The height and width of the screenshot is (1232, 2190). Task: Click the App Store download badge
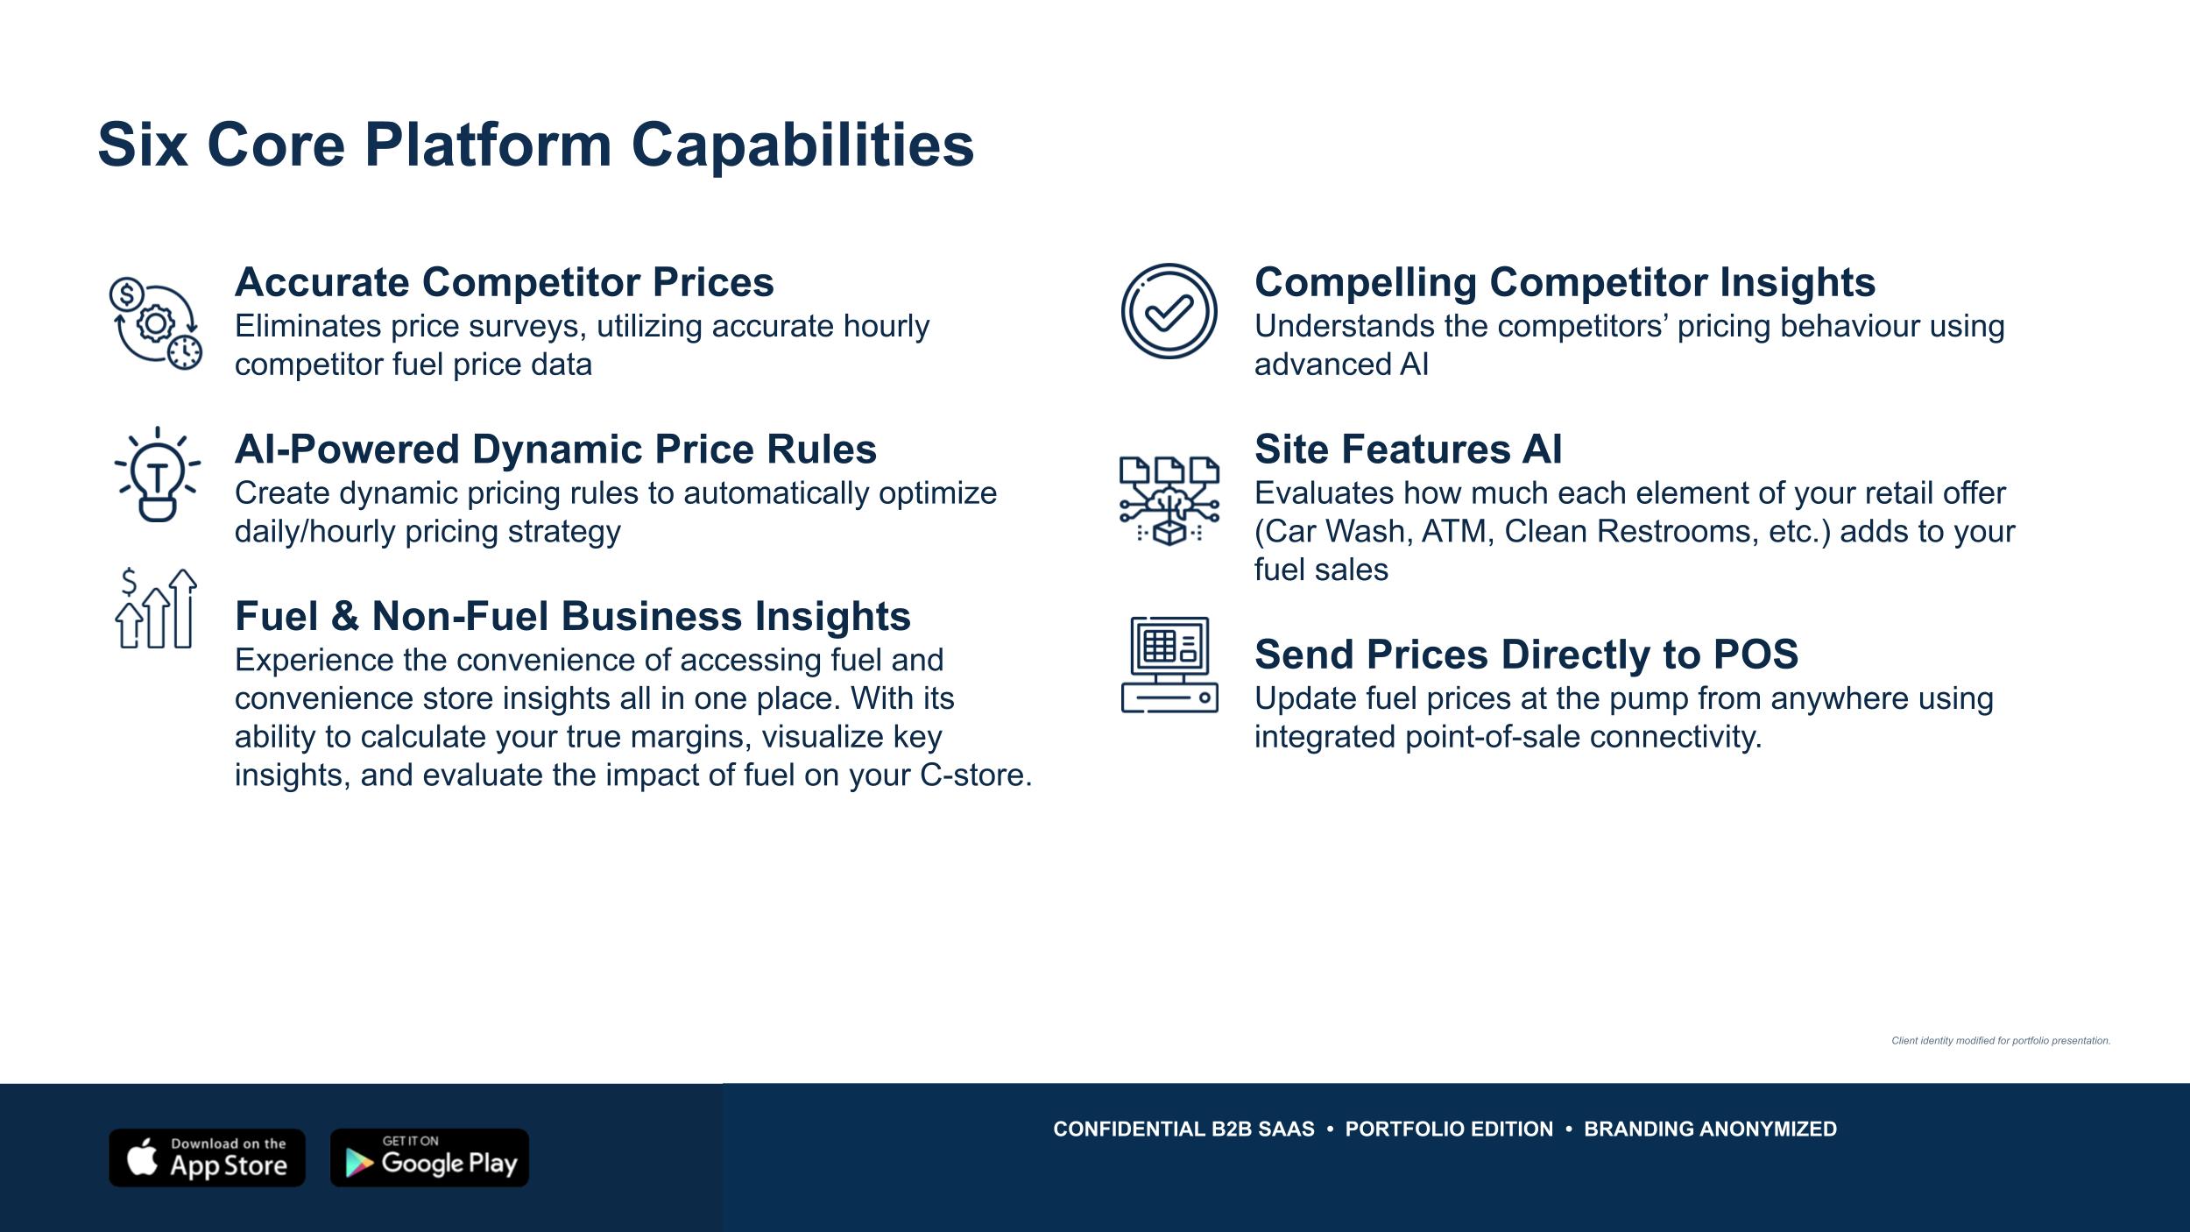207,1158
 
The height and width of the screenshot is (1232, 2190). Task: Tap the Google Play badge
429,1158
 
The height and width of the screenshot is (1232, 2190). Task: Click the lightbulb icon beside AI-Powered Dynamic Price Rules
158,474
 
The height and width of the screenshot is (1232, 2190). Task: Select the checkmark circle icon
1169,311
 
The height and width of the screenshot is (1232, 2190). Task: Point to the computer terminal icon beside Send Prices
1169,664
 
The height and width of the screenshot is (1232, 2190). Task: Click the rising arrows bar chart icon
156,608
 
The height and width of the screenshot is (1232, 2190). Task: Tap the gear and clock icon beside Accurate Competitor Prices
156,322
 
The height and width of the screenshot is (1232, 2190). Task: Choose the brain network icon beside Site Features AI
1169,500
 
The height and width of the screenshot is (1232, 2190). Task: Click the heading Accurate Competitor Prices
505,282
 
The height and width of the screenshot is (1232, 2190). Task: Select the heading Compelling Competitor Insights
1565,282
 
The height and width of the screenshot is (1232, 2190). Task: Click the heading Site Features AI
1409,450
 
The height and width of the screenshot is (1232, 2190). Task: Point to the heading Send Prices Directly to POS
1526,655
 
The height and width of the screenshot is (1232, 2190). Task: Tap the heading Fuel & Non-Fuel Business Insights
573,616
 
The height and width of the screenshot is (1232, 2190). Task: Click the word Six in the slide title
142,145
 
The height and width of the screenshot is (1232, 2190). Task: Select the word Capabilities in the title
802,145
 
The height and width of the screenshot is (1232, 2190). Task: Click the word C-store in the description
976,775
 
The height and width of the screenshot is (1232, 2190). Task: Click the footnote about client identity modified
2001,1041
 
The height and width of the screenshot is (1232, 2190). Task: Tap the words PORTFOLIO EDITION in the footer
1449,1129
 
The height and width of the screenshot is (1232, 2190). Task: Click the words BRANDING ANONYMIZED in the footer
1710,1129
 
